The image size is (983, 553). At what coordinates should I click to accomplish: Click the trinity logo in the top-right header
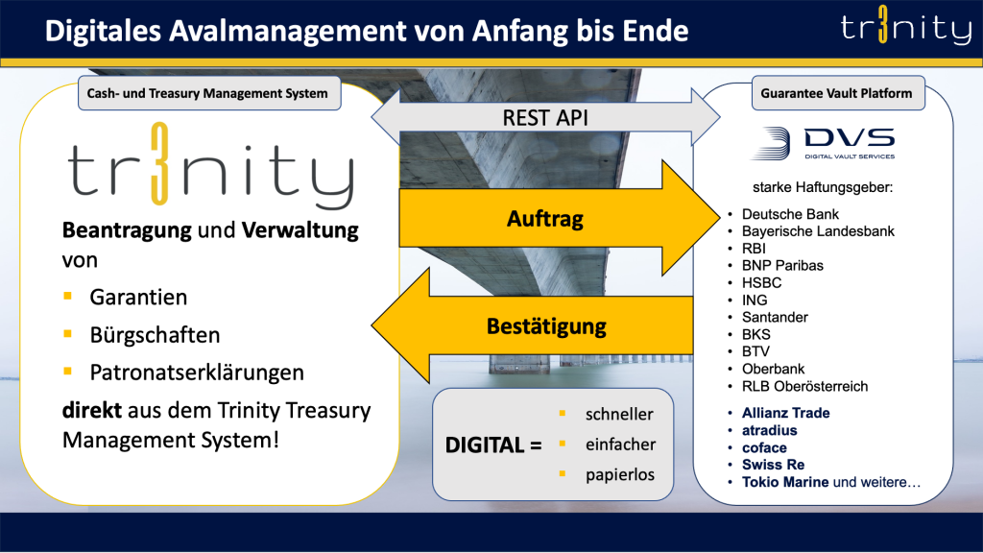point(906,29)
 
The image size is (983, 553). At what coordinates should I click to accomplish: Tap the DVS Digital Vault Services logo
point(823,143)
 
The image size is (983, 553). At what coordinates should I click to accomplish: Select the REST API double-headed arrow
point(545,118)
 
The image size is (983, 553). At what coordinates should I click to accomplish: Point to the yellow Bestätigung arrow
point(546,326)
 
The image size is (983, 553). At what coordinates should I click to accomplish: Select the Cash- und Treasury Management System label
point(207,93)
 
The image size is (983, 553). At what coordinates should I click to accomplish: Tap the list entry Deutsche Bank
point(790,213)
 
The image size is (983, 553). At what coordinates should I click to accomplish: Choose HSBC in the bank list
point(761,282)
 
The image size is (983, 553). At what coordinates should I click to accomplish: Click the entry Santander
point(775,317)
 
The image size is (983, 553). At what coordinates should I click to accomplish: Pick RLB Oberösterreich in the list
point(804,386)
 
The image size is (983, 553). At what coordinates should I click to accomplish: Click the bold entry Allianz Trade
point(785,413)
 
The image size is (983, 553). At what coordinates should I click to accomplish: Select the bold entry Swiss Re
point(772,465)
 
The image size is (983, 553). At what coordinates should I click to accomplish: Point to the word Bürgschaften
point(155,335)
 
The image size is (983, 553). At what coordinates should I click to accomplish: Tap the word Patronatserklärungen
point(197,372)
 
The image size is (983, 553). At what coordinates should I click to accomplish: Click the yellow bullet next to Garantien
point(68,297)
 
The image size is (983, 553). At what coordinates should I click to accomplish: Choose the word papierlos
point(619,474)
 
